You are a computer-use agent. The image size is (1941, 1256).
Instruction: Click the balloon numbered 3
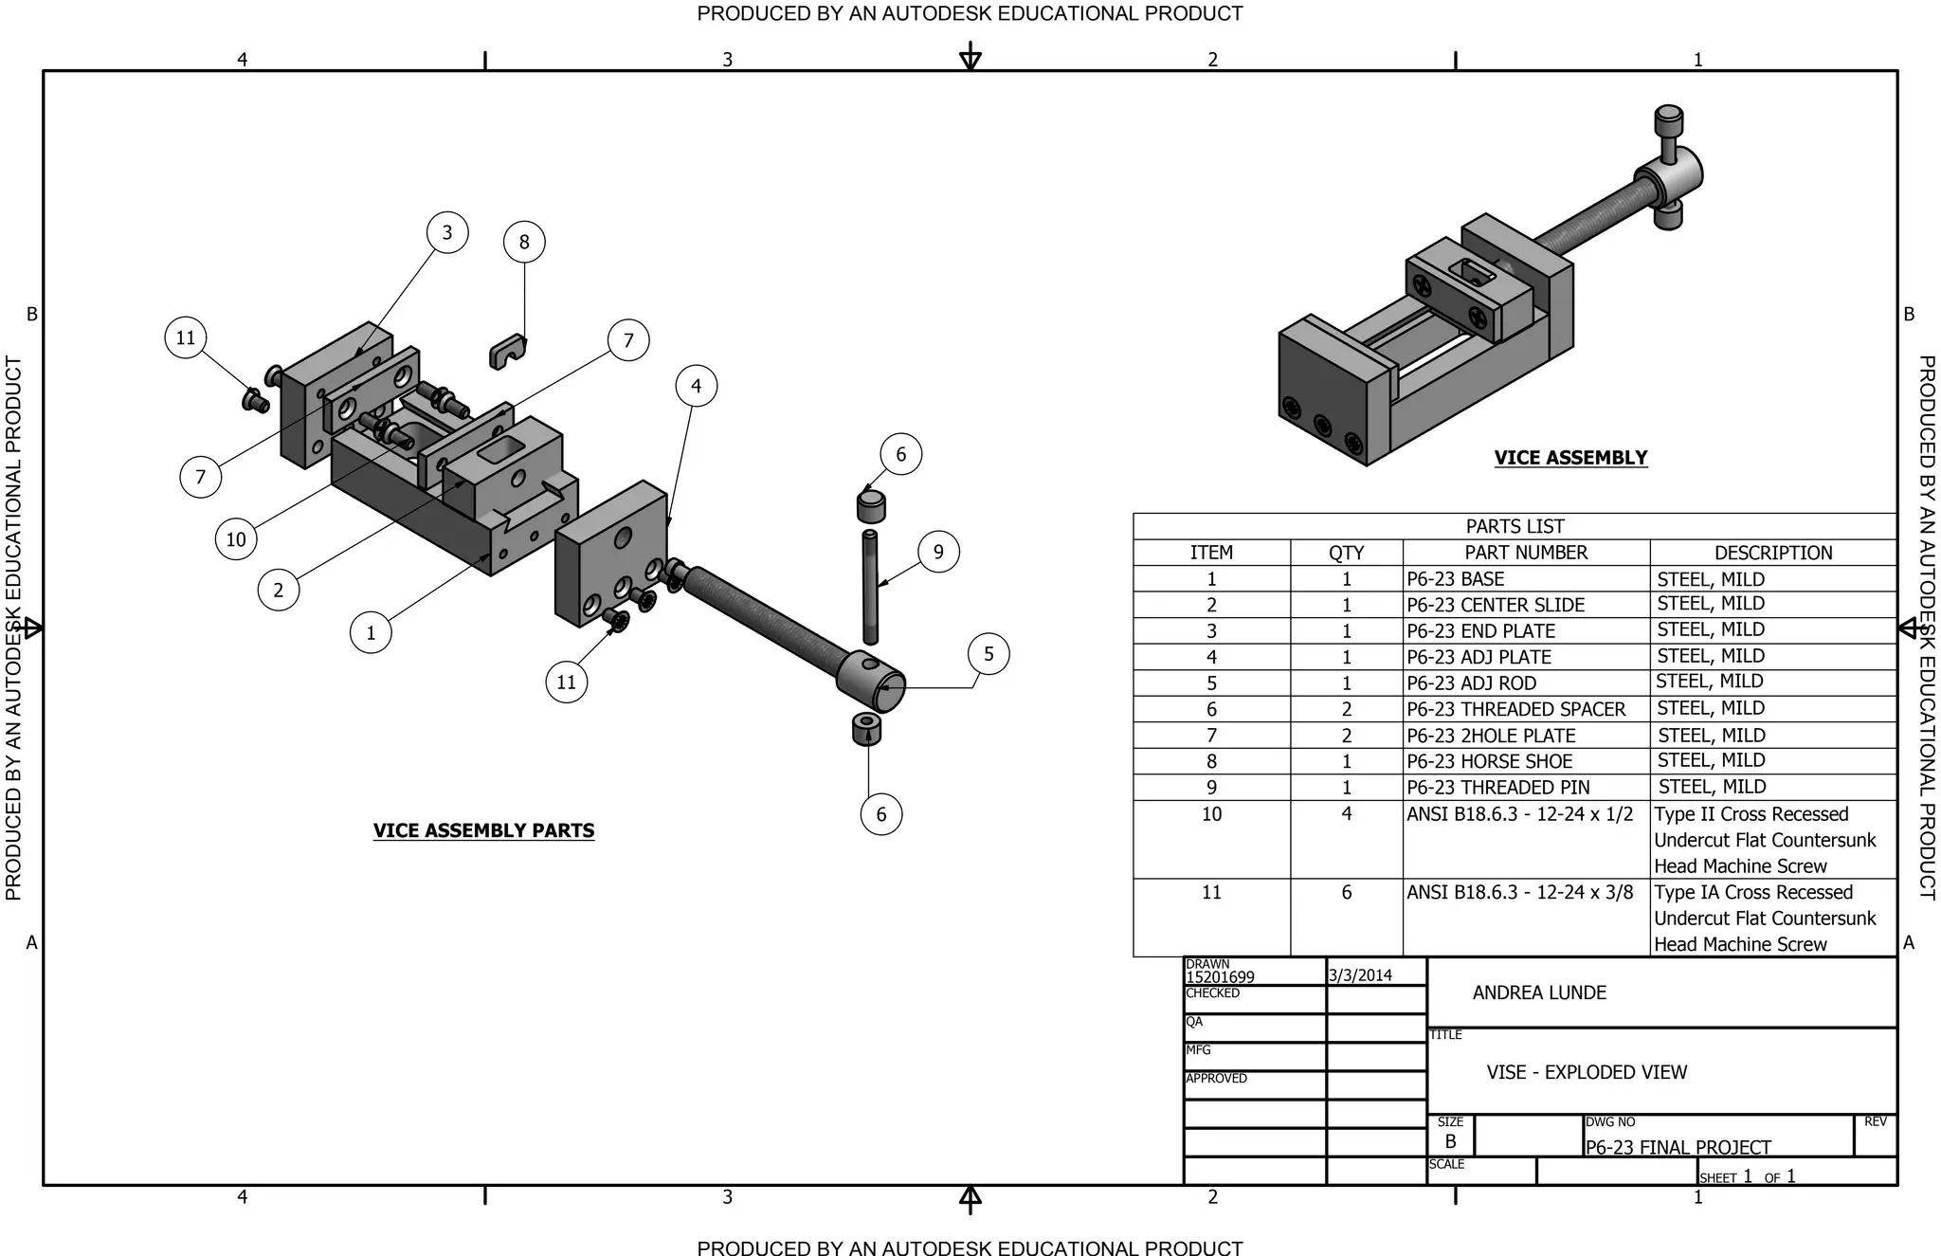[447, 232]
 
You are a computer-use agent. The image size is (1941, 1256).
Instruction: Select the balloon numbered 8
[524, 242]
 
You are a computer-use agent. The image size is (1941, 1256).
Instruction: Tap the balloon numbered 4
[697, 386]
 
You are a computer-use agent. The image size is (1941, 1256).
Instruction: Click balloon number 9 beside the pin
[938, 552]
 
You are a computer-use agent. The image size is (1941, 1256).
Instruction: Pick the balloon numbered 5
[989, 654]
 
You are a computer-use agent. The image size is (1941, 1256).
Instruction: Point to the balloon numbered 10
[236, 539]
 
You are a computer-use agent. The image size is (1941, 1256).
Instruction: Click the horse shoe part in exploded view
[507, 352]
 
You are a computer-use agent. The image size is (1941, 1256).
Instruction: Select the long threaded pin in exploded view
[870, 588]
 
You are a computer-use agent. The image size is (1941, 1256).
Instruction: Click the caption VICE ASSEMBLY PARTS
[483, 830]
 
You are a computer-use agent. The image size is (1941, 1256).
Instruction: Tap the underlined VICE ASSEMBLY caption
[1570, 458]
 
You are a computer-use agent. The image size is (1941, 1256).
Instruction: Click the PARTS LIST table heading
[1515, 526]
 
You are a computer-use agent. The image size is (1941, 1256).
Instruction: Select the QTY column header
[1346, 553]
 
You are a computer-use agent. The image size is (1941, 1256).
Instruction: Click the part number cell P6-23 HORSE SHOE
[1489, 761]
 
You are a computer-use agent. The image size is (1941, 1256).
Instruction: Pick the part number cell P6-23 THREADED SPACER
[1515, 709]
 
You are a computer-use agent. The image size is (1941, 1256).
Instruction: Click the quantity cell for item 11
[1346, 892]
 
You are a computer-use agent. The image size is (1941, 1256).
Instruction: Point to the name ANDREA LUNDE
[1539, 992]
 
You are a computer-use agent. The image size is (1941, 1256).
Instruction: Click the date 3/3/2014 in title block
[1360, 974]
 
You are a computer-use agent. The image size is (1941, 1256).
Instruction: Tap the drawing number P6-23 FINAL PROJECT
[1678, 1147]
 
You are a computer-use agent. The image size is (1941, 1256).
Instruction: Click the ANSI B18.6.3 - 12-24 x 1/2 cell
[1519, 813]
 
